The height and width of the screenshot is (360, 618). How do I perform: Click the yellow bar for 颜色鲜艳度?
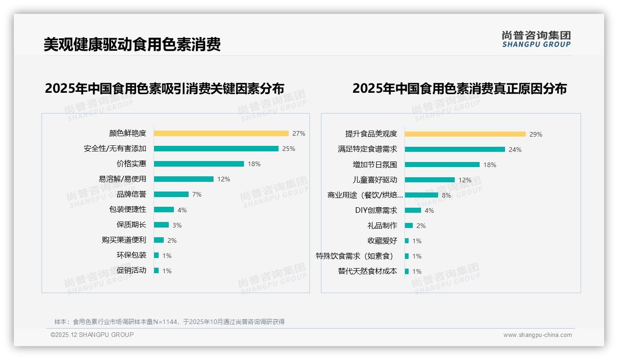[221, 133]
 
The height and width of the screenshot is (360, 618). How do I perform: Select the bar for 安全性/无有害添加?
[216, 149]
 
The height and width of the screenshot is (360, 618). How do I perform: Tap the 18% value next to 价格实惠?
[254, 164]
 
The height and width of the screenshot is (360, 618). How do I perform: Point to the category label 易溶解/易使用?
[122, 179]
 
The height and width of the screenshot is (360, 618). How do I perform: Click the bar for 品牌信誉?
[171, 194]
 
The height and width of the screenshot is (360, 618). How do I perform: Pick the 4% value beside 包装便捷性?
[182, 210]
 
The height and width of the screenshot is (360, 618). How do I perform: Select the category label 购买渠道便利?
[124, 240]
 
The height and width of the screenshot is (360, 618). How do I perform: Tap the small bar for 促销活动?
[156, 270]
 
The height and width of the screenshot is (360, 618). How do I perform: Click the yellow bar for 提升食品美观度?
[465, 134]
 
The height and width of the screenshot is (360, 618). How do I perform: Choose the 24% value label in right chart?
[515, 150]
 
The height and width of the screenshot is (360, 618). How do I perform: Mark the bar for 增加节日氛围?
[442, 165]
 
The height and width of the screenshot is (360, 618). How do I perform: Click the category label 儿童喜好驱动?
[374, 180]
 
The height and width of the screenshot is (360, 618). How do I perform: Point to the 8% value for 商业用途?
[446, 195]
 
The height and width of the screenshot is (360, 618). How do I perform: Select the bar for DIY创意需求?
[413, 210]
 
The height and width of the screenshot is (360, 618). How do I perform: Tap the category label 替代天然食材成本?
[367, 271]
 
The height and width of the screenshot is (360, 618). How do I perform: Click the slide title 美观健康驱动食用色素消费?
[132, 44]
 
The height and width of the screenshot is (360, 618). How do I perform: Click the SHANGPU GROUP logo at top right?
[536, 39]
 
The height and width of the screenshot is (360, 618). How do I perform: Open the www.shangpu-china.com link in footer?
[537, 335]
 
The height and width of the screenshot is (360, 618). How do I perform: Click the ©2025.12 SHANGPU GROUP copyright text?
[92, 335]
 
